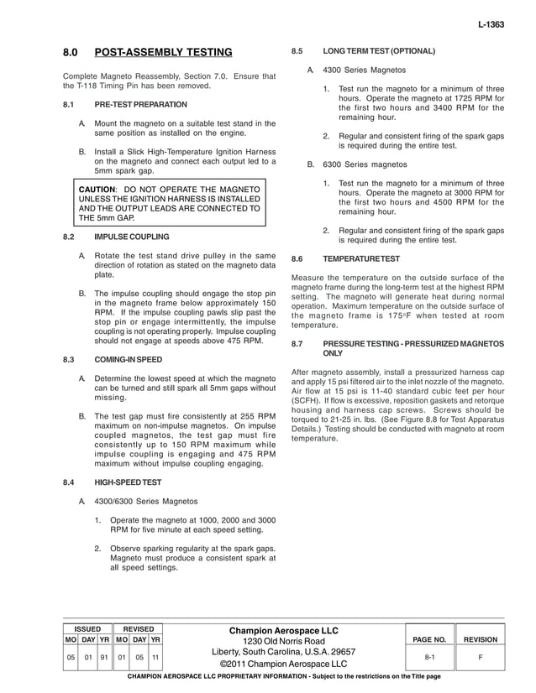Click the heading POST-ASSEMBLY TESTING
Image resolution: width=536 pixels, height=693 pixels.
(163, 53)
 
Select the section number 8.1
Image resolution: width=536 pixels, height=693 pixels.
(70, 105)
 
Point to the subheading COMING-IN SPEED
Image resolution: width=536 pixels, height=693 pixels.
(128, 360)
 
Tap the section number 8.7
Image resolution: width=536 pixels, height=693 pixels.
(297, 345)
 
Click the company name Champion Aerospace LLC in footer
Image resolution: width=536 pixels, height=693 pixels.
(283, 630)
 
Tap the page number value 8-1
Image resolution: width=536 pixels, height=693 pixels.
(428, 659)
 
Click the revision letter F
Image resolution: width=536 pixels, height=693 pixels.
(481, 659)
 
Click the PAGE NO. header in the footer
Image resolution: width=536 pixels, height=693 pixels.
(428, 639)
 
